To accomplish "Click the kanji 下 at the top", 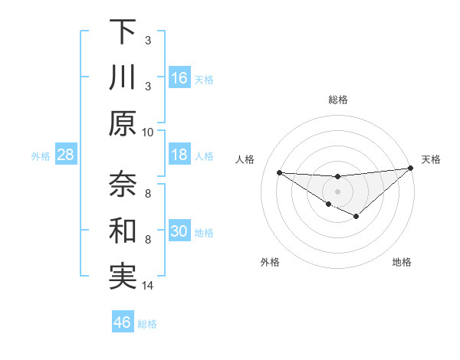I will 123,32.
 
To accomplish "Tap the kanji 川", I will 123,78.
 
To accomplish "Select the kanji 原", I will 123,123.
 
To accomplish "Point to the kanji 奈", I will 123,184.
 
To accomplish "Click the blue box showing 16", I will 179,78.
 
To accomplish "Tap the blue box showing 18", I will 179,155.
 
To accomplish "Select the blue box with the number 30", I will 179,231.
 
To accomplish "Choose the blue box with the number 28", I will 66,155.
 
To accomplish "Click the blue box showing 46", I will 123,322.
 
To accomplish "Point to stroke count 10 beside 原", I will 148,131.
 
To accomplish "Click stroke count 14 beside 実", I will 148,286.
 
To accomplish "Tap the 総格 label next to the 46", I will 147,324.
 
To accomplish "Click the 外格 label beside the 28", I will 41,156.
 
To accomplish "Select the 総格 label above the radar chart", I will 337,100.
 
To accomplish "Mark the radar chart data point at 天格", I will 410,169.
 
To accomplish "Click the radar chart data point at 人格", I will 279,172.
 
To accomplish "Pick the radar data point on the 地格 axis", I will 356,217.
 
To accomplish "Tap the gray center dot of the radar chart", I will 337,191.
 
